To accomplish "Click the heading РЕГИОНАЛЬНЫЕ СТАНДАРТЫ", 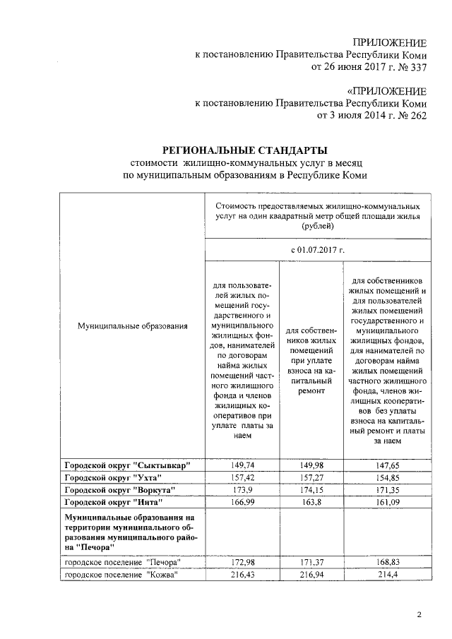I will click(x=245, y=150).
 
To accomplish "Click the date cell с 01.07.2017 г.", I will click(x=317, y=250).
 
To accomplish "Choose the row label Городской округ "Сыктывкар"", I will click(x=128, y=465).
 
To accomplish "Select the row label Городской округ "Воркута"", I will click(x=119, y=489).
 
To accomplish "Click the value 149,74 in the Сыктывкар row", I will click(x=241, y=465).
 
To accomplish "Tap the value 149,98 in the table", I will click(x=311, y=465).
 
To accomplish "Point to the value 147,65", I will click(x=386, y=465).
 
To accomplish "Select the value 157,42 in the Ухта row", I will click(x=241, y=477).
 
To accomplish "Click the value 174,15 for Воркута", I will click(x=311, y=489).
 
